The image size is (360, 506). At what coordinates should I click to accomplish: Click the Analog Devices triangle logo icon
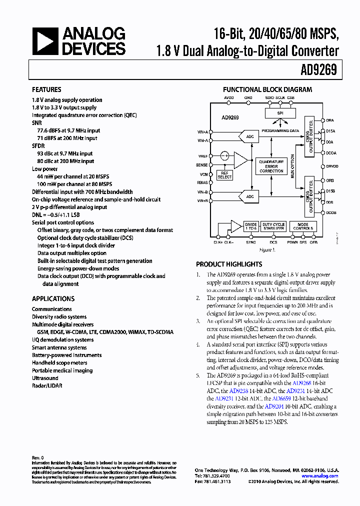[44, 41]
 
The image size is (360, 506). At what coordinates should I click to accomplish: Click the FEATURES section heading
[46, 89]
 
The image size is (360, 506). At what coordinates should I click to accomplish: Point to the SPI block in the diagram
[280, 113]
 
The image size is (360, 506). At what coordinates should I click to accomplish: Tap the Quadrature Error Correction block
[271, 166]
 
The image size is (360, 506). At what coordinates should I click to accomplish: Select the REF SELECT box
[225, 174]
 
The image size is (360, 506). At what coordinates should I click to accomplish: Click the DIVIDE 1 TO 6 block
[251, 226]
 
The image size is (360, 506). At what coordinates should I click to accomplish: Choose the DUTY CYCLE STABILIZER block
[273, 226]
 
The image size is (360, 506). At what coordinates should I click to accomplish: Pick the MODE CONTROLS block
[303, 226]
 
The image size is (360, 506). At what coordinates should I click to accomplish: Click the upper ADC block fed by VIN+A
[249, 136]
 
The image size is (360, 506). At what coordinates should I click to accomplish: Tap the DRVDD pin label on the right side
[332, 166]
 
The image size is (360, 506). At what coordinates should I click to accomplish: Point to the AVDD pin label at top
[228, 97]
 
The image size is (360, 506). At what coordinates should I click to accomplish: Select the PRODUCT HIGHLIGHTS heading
[228, 264]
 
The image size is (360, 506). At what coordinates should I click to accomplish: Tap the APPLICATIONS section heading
[53, 298]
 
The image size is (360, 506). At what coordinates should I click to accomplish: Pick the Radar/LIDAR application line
[45, 386]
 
